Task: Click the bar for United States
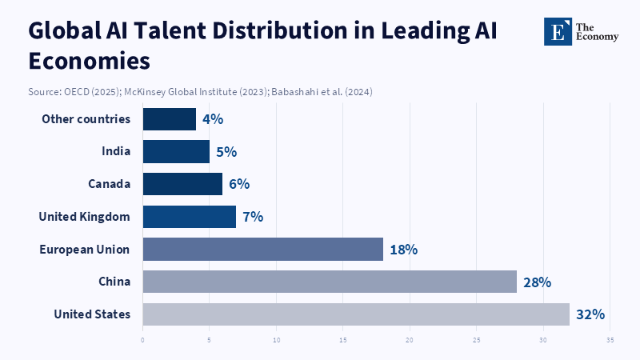point(356,314)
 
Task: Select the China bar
point(330,282)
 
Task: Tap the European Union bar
point(262,249)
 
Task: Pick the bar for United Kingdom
point(190,216)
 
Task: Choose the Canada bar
point(182,184)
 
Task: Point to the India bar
point(176,151)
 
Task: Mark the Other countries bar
point(170,119)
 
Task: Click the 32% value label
point(590,314)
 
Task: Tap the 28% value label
point(537,282)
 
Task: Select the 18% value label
point(403,250)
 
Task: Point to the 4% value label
point(212,119)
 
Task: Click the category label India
point(116,151)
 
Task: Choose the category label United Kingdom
point(84,216)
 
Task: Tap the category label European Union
point(85,249)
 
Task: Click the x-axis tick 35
point(610,340)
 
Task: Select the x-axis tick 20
point(410,340)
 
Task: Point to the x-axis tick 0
point(142,340)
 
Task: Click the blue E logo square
point(557,31)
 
